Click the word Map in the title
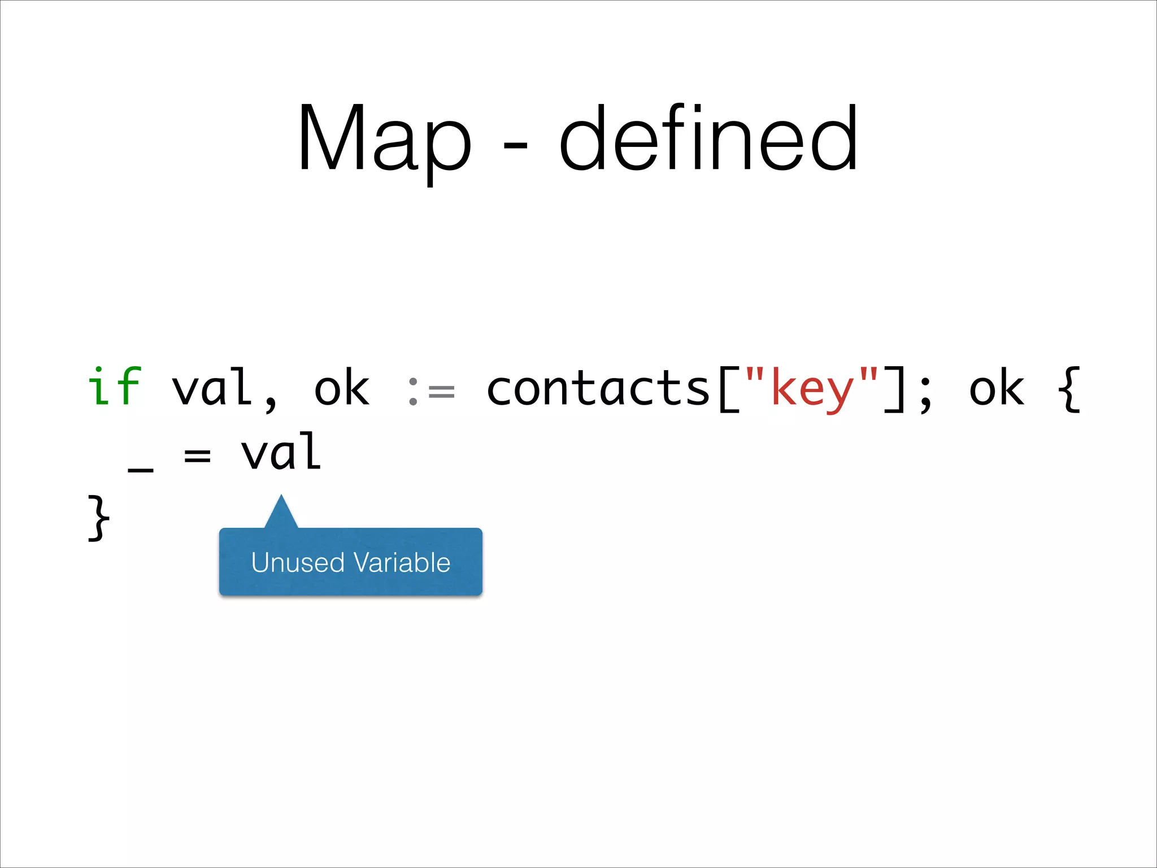(x=384, y=138)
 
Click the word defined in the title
(x=709, y=138)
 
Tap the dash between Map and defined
(x=515, y=146)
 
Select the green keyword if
(x=115, y=387)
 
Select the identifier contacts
(x=598, y=388)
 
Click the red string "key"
(x=812, y=388)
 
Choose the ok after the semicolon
(x=997, y=388)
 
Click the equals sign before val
(x=197, y=455)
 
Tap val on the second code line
(x=281, y=452)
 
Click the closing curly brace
(x=98, y=518)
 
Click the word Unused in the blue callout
(x=298, y=562)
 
